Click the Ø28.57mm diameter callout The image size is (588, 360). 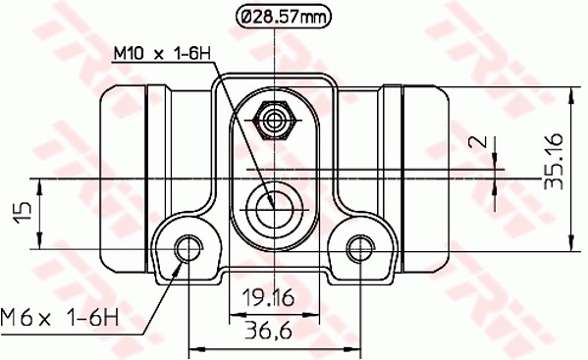tap(285, 17)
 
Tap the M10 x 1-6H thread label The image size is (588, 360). tap(162, 54)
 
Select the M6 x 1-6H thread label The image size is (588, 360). tap(60, 318)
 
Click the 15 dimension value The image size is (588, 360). tap(23, 213)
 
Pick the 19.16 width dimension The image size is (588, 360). tap(268, 298)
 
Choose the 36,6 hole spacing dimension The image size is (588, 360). tap(268, 332)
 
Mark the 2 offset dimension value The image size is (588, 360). tap(478, 141)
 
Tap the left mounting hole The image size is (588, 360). tap(188, 248)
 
